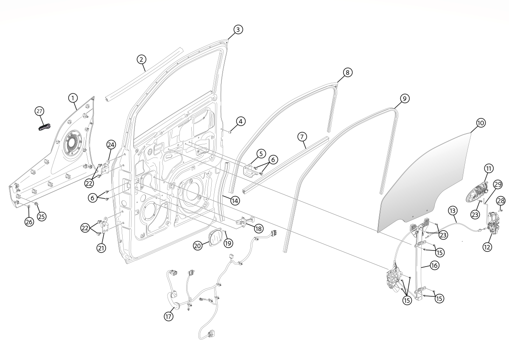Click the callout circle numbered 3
[238, 30]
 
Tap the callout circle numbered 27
[39, 111]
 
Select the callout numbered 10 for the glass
[481, 123]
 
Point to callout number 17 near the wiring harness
[169, 316]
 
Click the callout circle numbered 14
[235, 200]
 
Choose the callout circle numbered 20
[198, 246]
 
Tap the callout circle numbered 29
[498, 184]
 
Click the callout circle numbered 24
[111, 145]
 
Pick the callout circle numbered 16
[434, 265]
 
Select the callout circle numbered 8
[347, 73]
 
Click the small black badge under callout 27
[44, 127]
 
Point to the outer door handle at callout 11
[477, 192]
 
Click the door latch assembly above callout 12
[494, 223]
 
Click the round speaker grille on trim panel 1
[73, 143]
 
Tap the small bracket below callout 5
[250, 170]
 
